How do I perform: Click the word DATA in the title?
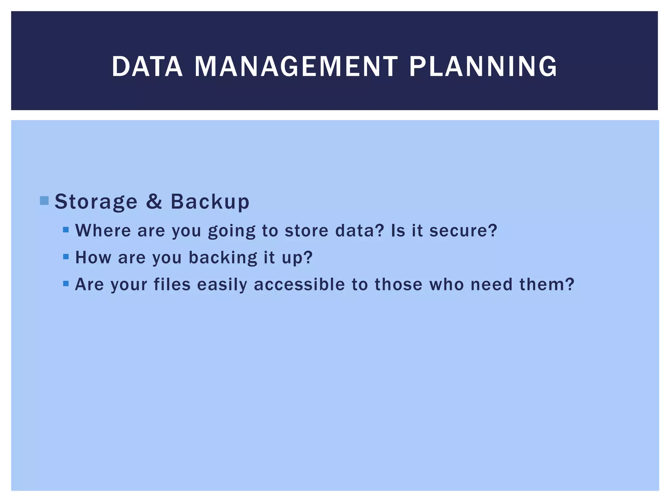coord(147,67)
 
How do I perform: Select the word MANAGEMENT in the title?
coord(296,67)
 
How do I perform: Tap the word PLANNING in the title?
coord(483,67)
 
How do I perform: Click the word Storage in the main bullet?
coord(96,201)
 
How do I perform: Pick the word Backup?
coord(210,201)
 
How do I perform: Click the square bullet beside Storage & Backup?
coord(44,200)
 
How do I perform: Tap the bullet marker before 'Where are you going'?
coord(66,230)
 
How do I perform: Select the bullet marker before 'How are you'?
coord(66,257)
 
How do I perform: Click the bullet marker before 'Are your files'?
coord(66,283)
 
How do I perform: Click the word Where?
coord(103,230)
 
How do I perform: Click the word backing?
coord(223,258)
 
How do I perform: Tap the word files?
coord(172,284)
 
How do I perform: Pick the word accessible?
coord(299,284)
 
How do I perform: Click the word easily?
coord(222,285)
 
